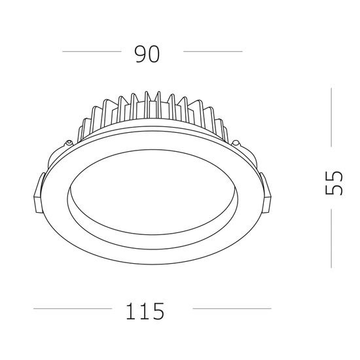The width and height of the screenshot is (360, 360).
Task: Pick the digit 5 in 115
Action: tap(158, 310)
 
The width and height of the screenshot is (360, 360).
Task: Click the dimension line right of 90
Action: tap(213, 51)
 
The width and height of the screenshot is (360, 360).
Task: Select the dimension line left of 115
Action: tap(72, 308)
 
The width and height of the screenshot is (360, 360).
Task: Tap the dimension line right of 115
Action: tap(232, 308)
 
